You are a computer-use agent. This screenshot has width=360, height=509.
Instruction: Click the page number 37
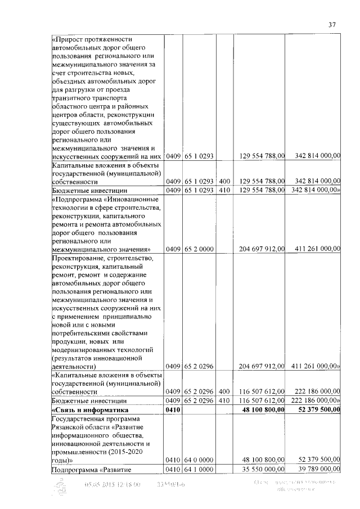(x=332, y=24)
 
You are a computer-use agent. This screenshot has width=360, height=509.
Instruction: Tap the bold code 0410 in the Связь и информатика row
(x=172, y=411)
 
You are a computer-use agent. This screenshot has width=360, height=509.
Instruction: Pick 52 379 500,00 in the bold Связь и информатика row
(x=315, y=411)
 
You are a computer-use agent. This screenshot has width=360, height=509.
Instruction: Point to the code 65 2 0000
(x=198, y=249)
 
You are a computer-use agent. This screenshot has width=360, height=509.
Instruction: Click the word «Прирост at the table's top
(x=70, y=39)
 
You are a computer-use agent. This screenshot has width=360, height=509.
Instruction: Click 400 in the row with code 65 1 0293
(x=224, y=181)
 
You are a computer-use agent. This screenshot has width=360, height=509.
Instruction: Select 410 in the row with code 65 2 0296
(x=224, y=400)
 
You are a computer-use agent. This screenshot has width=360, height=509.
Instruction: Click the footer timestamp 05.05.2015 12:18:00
(x=112, y=484)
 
